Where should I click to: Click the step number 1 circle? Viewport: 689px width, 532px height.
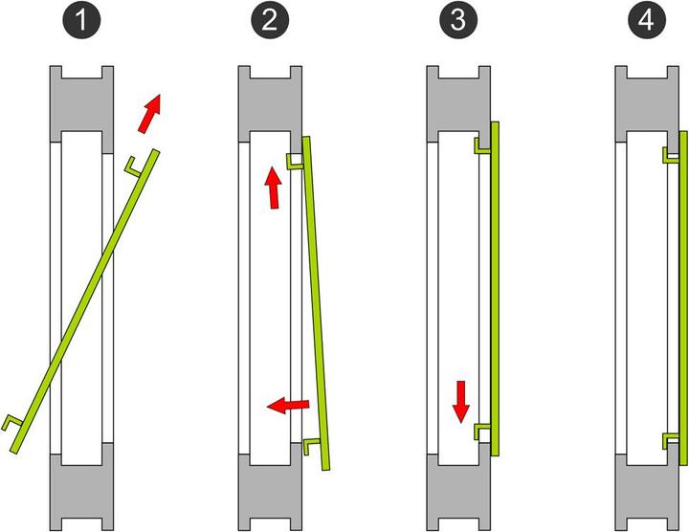[x=81, y=20]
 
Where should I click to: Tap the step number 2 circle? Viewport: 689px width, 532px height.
[x=270, y=20]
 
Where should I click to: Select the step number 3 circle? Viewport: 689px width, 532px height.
[x=457, y=20]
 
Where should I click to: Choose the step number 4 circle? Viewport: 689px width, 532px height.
[x=646, y=20]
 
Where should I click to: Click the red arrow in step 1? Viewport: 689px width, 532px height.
[x=150, y=113]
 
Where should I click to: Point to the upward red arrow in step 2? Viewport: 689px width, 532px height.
[x=274, y=188]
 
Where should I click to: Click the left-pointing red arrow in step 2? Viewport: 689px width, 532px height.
[x=288, y=405]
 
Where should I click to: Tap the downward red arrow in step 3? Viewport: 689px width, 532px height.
[x=461, y=402]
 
